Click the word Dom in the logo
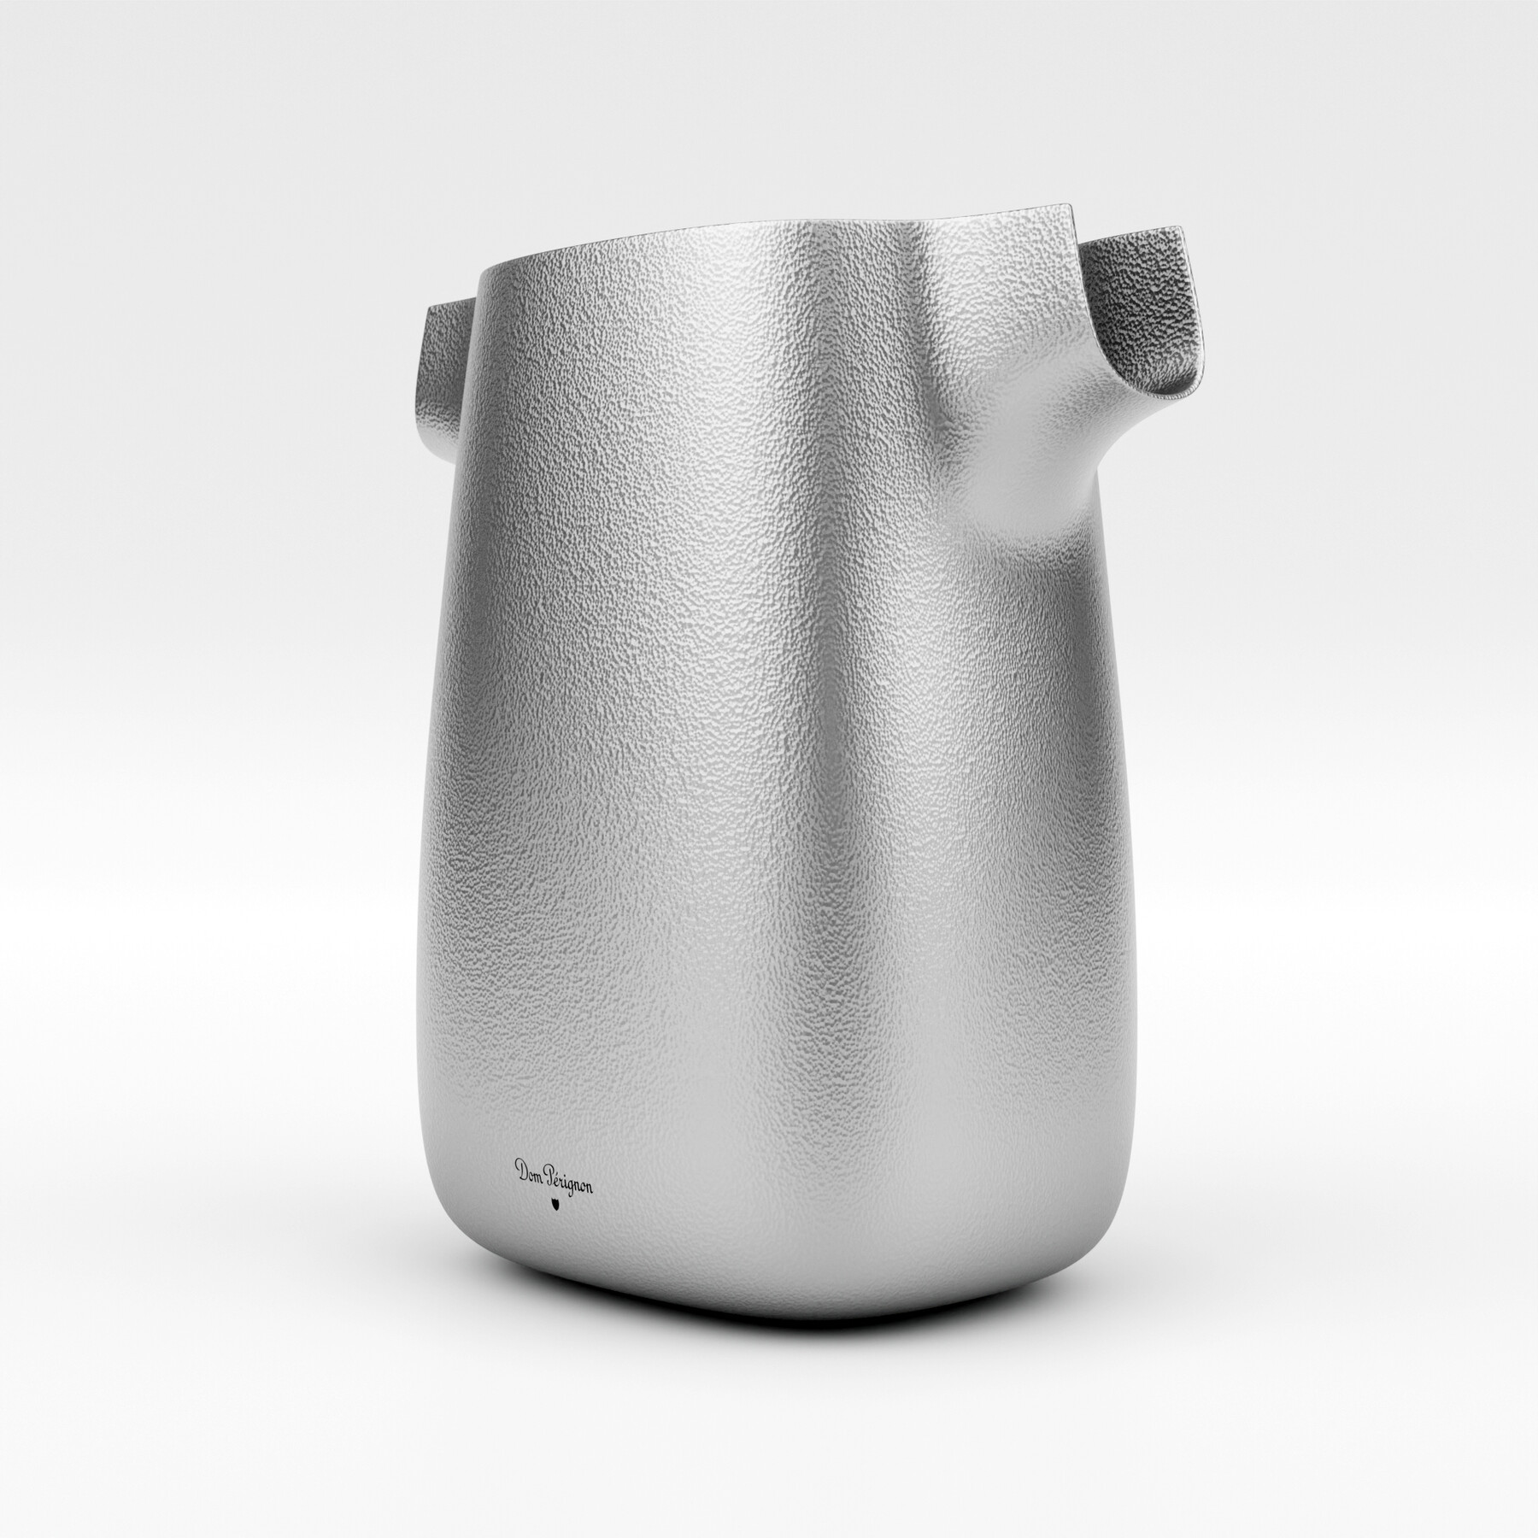[x=529, y=1168]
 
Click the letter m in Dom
[x=537, y=1171]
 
